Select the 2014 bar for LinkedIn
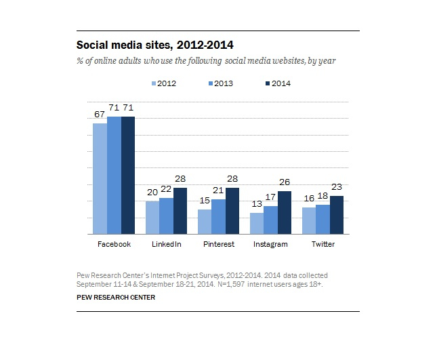pyautogui.click(x=180, y=211)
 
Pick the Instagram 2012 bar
pyautogui.click(x=256, y=224)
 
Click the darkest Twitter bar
pyautogui.click(x=336, y=215)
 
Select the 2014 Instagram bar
pyautogui.click(x=285, y=212)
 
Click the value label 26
pyautogui.click(x=285, y=183)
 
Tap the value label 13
pyautogui.click(x=256, y=205)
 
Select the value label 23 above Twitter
pyautogui.click(x=337, y=188)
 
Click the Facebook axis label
pyautogui.click(x=113, y=244)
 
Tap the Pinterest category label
pyautogui.click(x=218, y=244)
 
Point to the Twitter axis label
pyautogui.click(x=322, y=244)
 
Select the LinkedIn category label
pyautogui.click(x=166, y=244)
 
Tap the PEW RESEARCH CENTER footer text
pyautogui.click(x=115, y=297)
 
